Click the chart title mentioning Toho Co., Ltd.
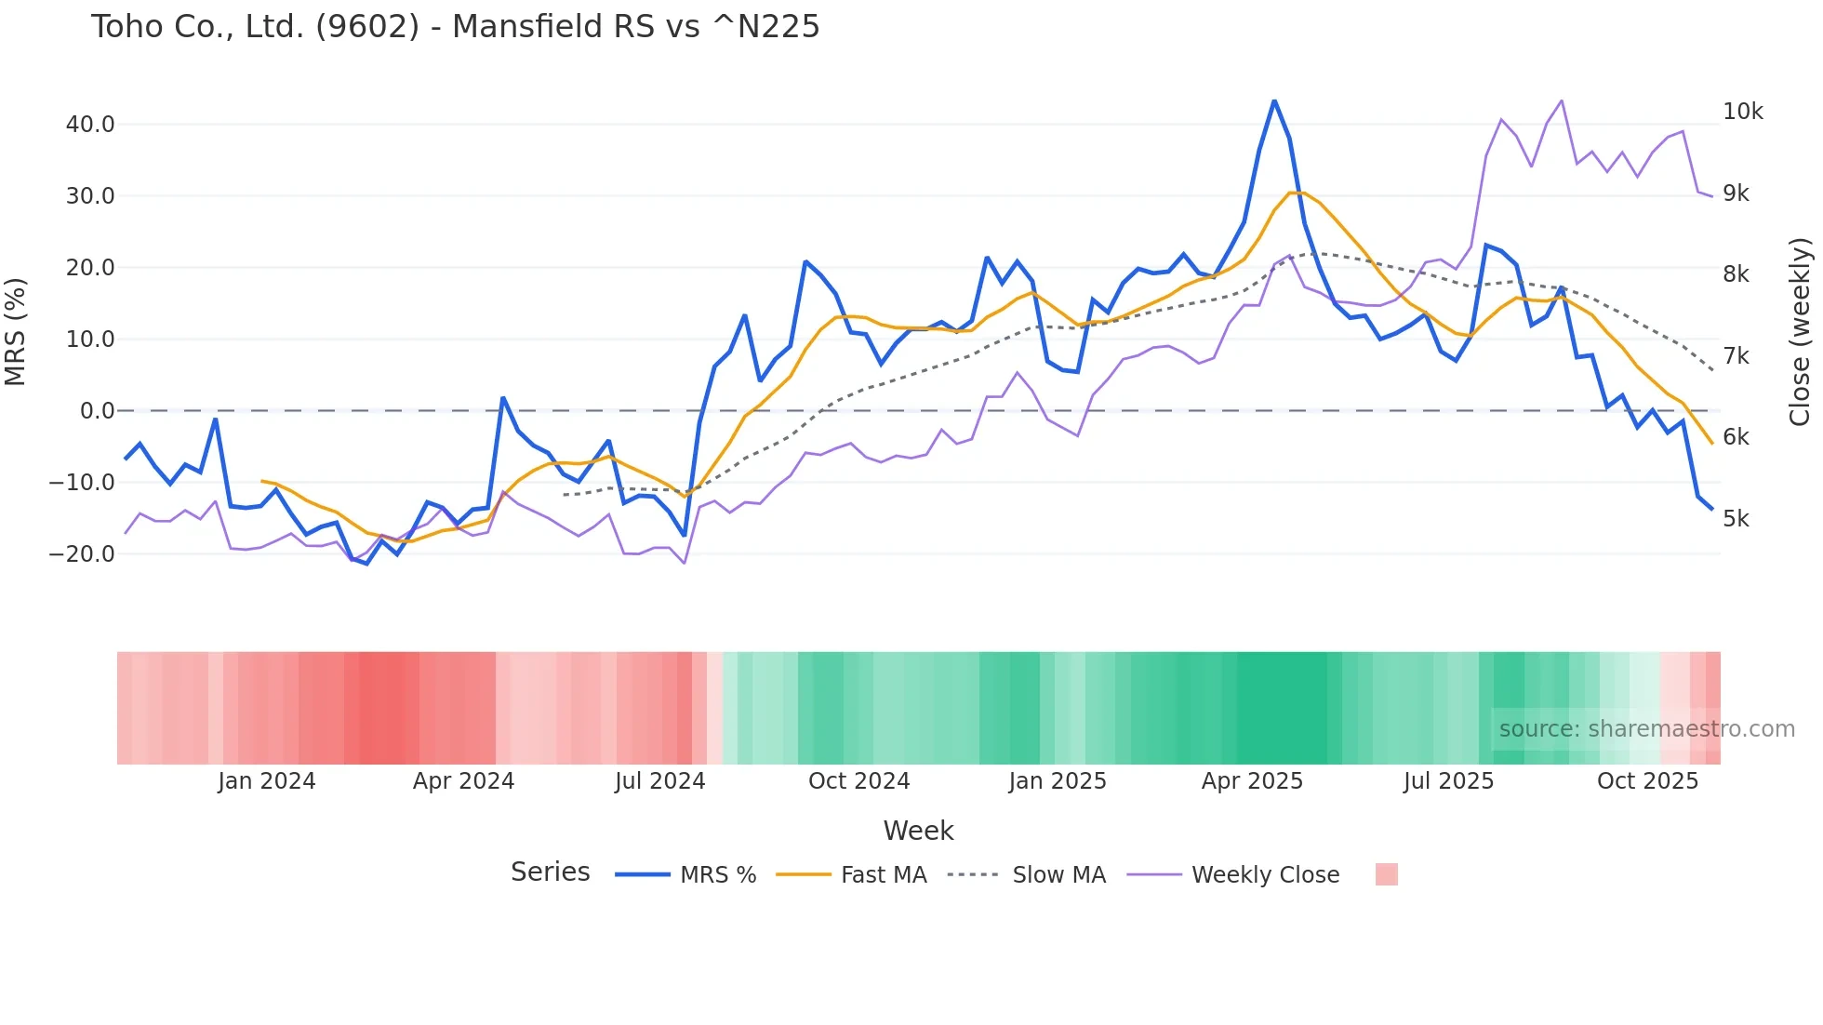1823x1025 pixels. point(455,27)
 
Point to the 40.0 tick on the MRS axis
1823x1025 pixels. point(90,125)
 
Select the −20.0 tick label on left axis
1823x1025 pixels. point(82,554)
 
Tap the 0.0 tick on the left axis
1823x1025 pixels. point(98,411)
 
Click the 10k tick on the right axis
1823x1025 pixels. point(1742,112)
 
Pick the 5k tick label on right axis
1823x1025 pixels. point(1736,519)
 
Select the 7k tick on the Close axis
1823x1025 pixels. point(1736,356)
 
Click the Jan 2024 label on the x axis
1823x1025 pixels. point(267,781)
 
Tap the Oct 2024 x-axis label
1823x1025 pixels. point(858,781)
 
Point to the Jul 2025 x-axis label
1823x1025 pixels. point(1448,781)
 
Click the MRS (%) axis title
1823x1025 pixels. point(16,332)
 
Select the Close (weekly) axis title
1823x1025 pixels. point(1800,332)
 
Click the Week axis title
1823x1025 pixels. point(918,831)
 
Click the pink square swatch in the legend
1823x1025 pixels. point(1386,874)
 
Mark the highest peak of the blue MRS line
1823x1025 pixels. point(1274,100)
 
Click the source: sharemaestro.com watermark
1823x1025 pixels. point(1646,729)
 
